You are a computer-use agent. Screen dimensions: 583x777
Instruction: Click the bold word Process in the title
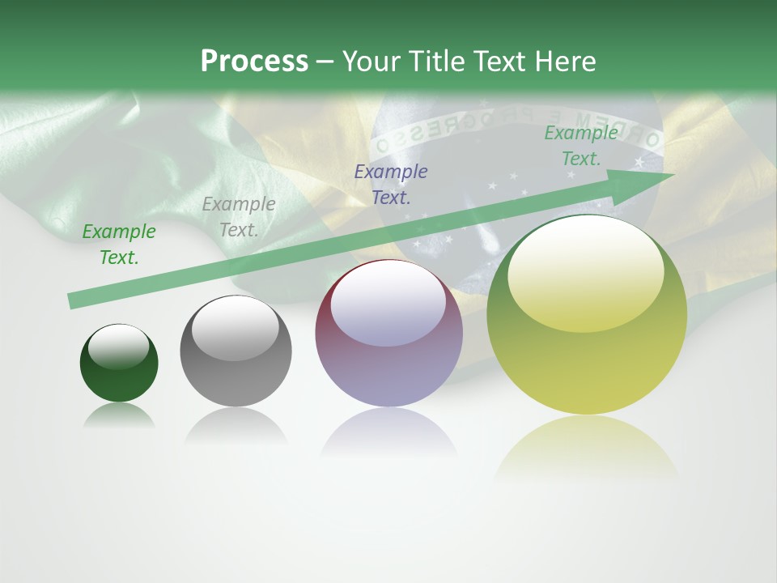(254, 62)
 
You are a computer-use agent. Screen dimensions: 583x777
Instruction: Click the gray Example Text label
(239, 217)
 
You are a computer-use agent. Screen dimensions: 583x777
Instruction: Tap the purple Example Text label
(391, 184)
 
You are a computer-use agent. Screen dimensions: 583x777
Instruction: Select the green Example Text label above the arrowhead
(580, 146)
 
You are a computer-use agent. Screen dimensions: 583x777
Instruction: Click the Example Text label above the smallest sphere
(119, 245)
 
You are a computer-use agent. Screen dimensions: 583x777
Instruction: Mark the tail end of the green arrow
(73, 300)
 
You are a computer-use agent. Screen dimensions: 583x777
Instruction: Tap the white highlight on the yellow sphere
(585, 271)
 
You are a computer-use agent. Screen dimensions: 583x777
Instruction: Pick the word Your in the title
(370, 62)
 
